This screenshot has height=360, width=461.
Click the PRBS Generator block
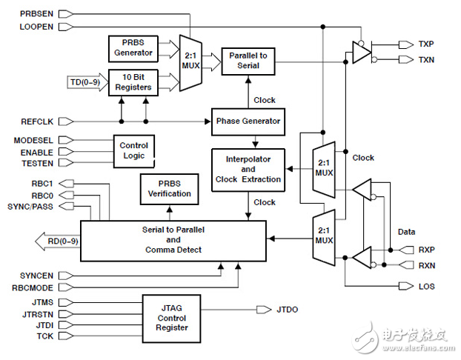tap(133, 47)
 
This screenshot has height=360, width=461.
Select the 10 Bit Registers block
tap(133, 81)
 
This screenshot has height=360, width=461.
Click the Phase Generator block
tap(248, 121)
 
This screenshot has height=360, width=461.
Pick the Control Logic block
tap(133, 150)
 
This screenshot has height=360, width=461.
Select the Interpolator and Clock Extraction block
tap(248, 168)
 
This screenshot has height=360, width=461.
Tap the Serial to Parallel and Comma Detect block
tap(173, 239)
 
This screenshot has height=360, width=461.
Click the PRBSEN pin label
tap(35, 13)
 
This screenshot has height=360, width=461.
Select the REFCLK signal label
tap(35, 121)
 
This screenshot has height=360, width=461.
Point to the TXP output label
tap(426, 44)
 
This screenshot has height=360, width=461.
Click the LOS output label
tap(426, 286)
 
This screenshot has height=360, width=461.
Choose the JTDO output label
tap(288, 309)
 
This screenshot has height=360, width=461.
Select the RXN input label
tap(426, 264)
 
